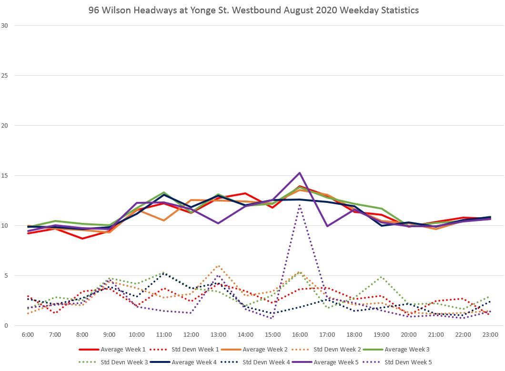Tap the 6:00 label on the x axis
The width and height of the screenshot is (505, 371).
[x=28, y=335]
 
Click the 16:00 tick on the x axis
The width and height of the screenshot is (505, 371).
[x=300, y=335]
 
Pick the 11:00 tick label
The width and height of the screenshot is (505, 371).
[x=164, y=335]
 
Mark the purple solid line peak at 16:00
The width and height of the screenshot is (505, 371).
[x=300, y=173]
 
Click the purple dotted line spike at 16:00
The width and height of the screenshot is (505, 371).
[x=300, y=205]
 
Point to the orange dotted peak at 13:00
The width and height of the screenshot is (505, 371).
[x=218, y=266]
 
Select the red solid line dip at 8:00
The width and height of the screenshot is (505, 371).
[x=82, y=238]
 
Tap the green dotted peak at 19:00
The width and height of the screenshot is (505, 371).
[x=381, y=277]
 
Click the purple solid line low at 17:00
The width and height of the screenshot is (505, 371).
[x=327, y=226]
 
